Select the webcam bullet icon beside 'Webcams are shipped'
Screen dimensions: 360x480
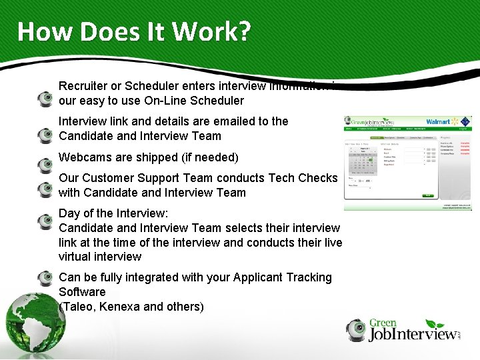click(x=45, y=163)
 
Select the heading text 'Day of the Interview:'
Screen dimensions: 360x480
click(x=113, y=213)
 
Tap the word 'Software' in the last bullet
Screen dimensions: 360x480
click(x=82, y=292)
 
